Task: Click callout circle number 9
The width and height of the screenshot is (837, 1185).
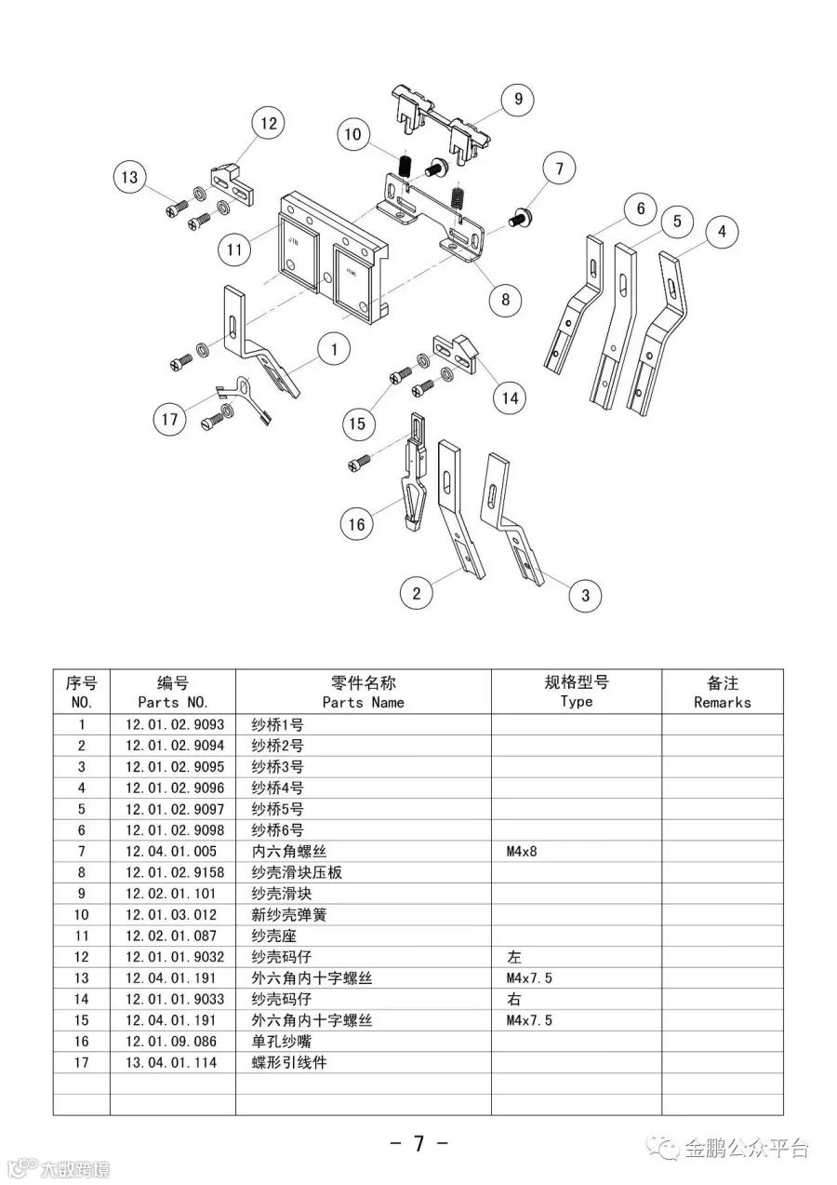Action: click(518, 99)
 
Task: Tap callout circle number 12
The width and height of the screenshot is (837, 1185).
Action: click(268, 124)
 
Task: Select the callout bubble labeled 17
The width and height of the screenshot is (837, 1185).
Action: click(169, 420)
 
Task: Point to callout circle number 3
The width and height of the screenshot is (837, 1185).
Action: click(585, 596)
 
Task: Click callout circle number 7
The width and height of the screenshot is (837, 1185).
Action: click(559, 169)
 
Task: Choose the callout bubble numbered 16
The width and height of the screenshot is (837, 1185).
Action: click(357, 524)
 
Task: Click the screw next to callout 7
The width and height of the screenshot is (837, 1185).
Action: click(520, 220)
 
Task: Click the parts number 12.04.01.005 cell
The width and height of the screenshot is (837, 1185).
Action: click(172, 852)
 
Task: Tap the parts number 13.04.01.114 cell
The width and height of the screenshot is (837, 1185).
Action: click(172, 1062)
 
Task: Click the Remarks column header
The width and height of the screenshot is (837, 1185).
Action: click(722, 692)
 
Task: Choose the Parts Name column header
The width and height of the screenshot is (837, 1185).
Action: click(363, 692)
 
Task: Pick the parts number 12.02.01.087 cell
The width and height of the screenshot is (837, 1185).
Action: click(172, 936)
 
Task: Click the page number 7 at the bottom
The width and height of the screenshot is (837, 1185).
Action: click(418, 1143)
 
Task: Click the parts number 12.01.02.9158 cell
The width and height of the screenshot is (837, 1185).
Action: click(172, 873)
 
